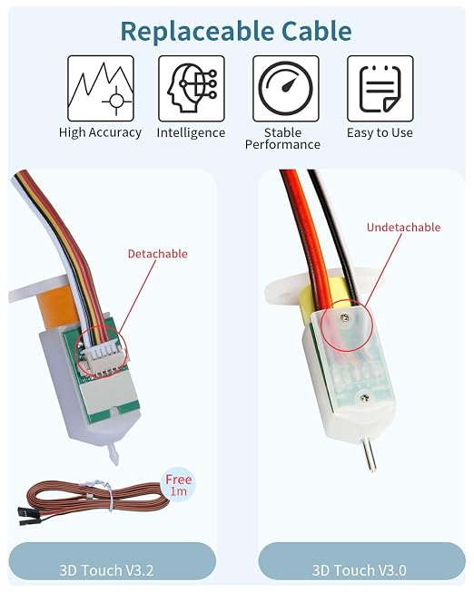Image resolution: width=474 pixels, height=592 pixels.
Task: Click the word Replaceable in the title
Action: point(197,32)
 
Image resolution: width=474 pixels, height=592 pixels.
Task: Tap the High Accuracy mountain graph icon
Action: point(101,88)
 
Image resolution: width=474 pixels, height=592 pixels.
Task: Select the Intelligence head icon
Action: point(192,88)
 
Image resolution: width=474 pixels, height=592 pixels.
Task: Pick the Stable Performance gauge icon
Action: point(286,88)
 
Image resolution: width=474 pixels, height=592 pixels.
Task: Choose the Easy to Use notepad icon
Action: point(380,88)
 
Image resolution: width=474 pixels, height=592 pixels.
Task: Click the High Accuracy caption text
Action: point(100,133)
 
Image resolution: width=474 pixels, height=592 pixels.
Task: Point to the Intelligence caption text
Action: point(191,133)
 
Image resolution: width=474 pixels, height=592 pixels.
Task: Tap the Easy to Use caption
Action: point(380,132)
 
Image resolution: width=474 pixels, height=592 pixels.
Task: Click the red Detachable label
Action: point(158,254)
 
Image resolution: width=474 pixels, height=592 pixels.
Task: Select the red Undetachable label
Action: point(404,227)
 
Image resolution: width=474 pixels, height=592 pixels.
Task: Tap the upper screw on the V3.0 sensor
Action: point(343,318)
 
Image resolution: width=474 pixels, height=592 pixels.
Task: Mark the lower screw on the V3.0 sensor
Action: point(365,397)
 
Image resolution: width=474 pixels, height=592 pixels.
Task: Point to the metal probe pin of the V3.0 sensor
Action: point(369,456)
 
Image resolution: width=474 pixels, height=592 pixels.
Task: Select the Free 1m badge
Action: point(179,485)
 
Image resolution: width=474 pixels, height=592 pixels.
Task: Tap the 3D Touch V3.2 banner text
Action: point(106,570)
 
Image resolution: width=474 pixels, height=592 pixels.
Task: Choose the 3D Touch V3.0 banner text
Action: point(359,570)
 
